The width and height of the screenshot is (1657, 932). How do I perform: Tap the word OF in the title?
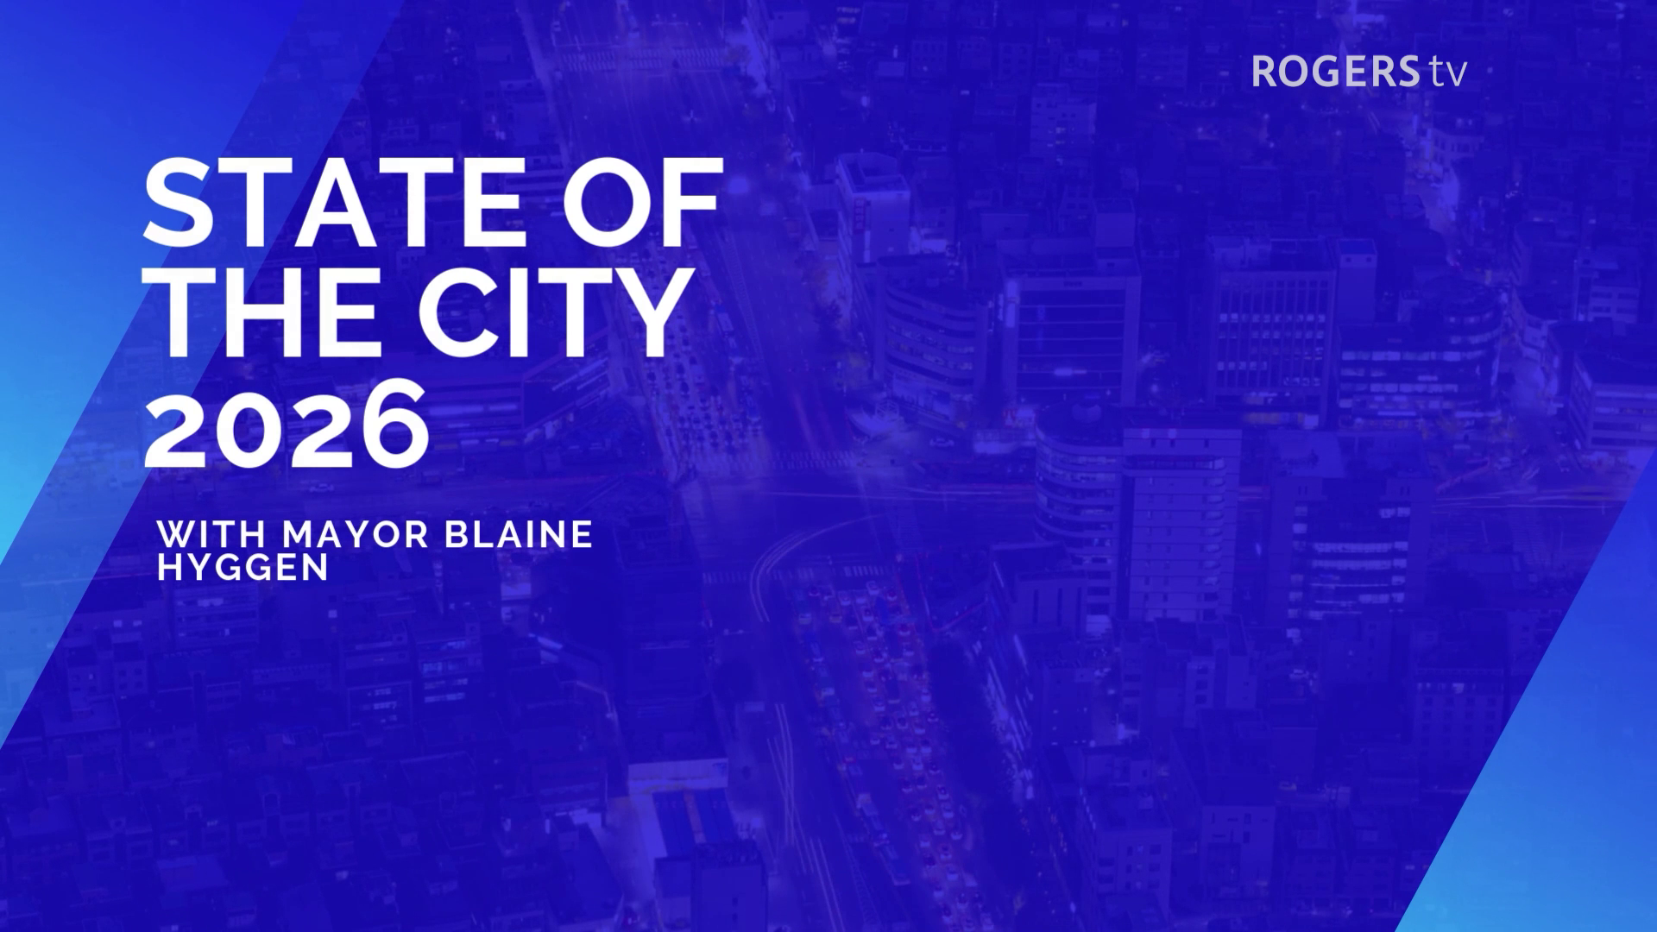(643, 203)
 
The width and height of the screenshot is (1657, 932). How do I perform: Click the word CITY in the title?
(552, 312)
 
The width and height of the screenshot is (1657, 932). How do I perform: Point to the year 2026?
(286, 425)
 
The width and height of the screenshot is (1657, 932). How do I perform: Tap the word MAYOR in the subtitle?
(355, 535)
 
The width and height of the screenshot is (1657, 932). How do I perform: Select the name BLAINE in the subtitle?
(518, 535)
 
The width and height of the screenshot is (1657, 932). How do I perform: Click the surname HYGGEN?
(243, 568)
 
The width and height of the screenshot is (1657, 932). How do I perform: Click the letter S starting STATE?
(177, 203)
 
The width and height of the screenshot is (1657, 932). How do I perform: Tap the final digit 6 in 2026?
(394, 425)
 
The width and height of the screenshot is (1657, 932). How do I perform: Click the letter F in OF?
(690, 203)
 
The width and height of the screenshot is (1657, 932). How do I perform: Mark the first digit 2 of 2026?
(179, 425)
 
